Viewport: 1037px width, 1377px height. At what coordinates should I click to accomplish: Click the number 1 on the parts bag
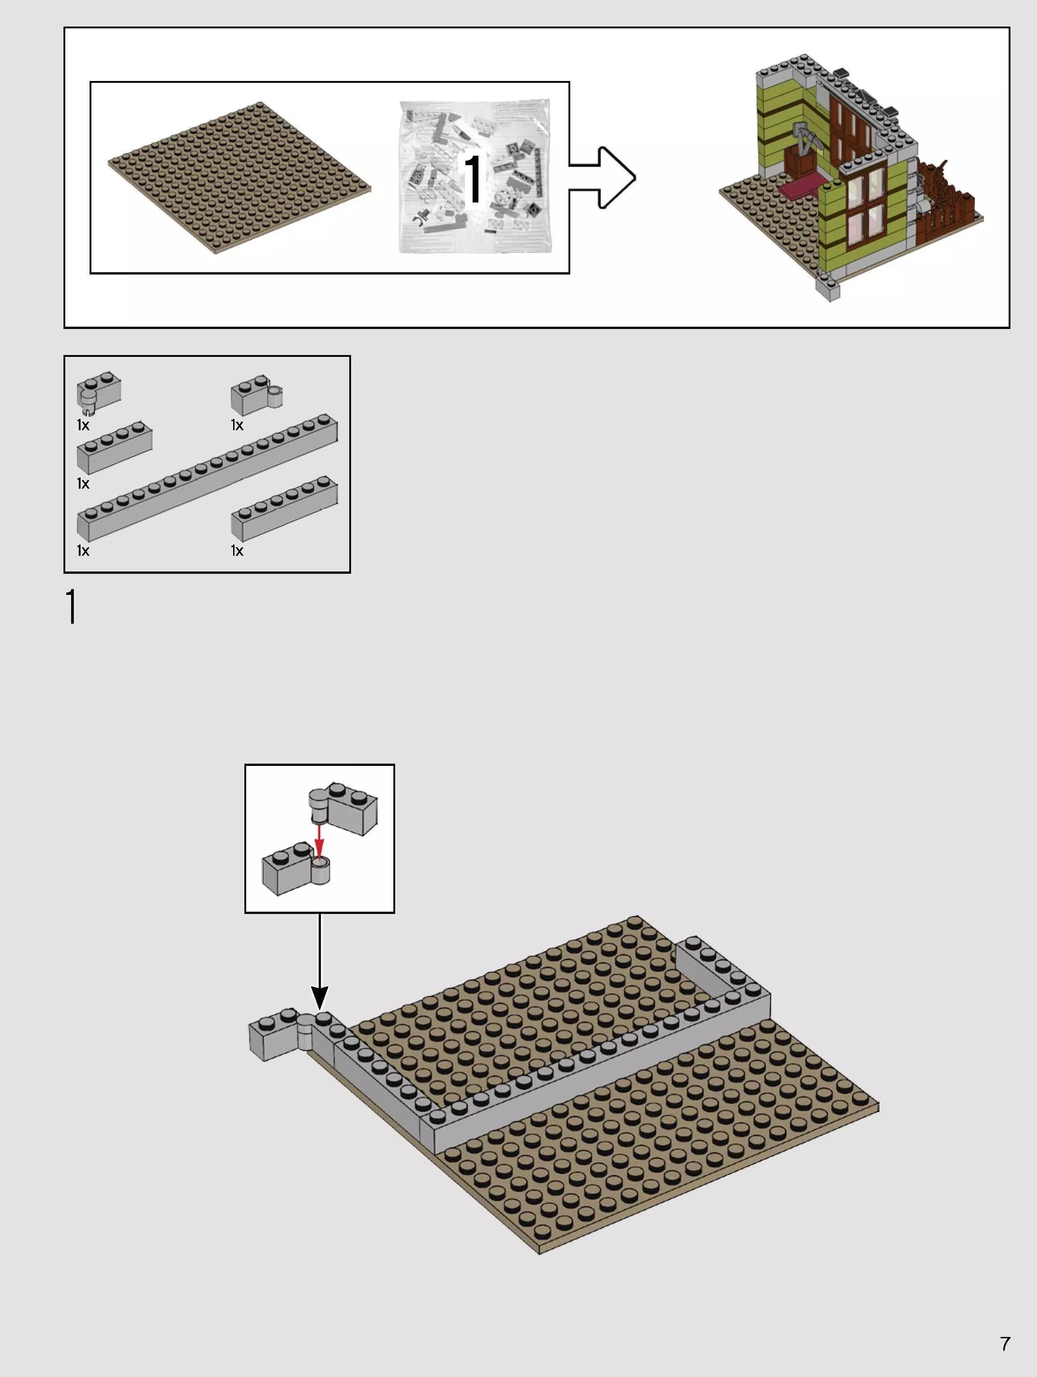[473, 178]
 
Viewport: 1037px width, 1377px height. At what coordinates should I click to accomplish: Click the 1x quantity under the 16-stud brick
[83, 550]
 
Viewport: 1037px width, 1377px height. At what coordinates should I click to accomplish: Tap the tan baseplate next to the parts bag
[239, 177]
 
